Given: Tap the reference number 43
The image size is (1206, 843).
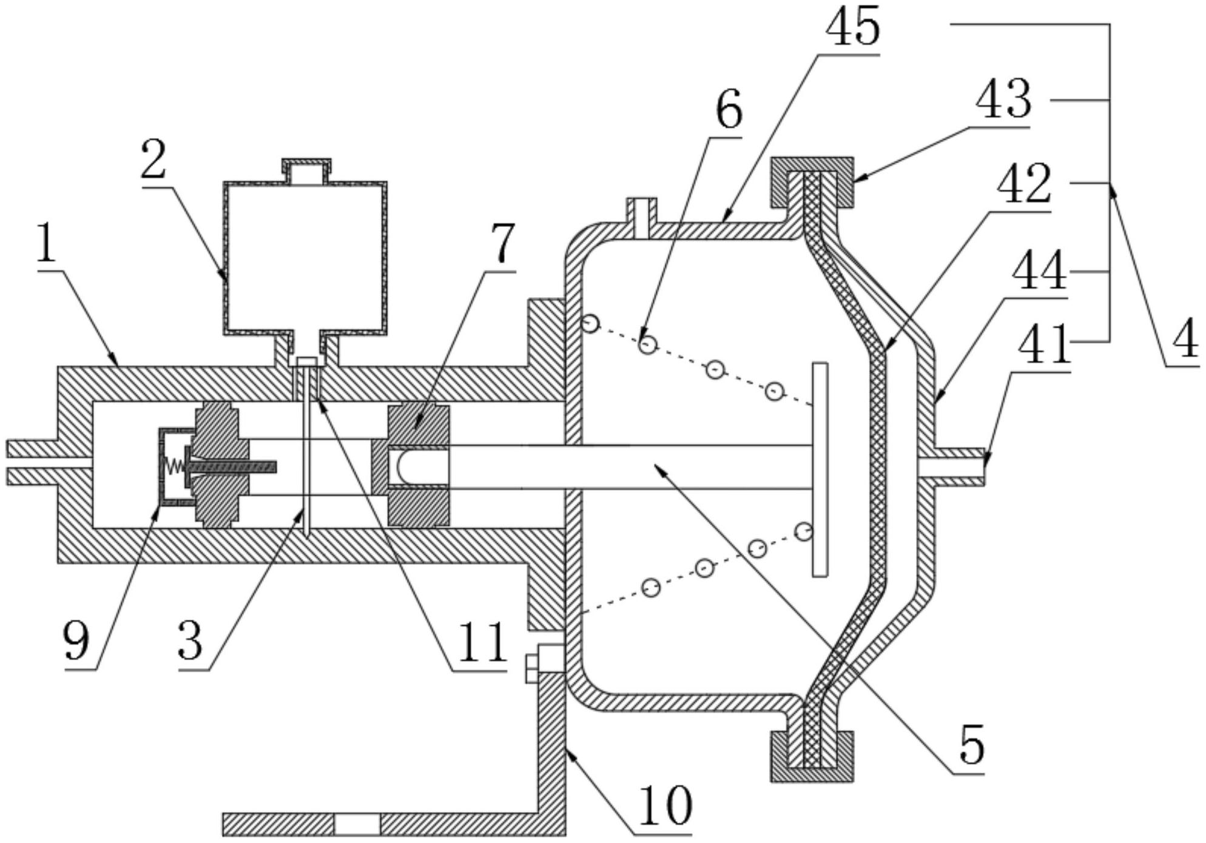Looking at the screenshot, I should [1003, 100].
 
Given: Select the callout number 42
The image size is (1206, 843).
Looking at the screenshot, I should [1024, 184].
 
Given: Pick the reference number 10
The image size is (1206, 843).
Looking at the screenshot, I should [665, 806].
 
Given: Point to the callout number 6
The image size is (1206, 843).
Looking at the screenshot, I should [728, 112].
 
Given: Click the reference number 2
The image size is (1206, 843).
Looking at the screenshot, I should [153, 159].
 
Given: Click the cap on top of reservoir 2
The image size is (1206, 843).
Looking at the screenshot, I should [306, 171].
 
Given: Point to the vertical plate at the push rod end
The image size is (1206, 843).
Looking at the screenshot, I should [820, 469].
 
